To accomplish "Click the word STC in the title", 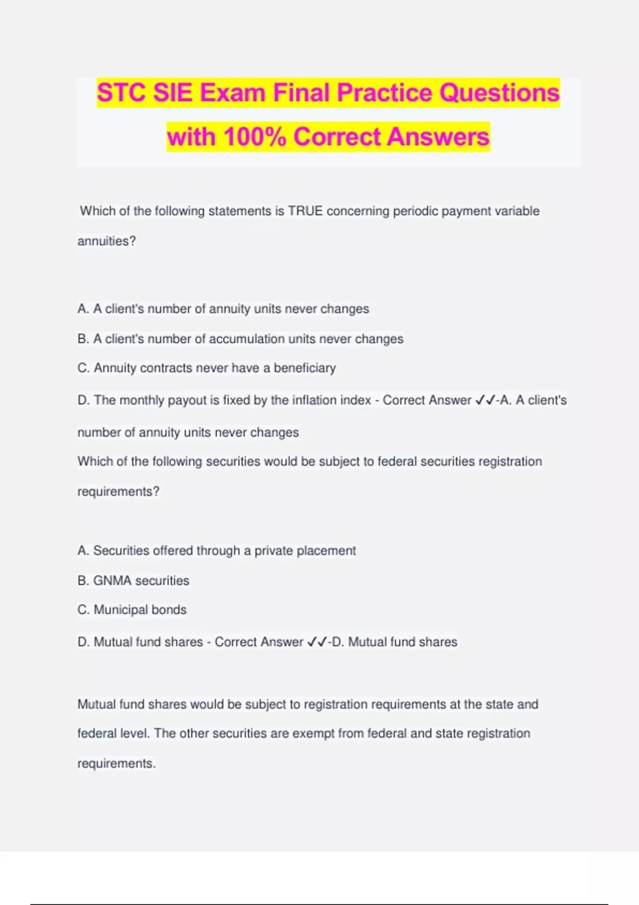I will [120, 93].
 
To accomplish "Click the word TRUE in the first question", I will [305, 211].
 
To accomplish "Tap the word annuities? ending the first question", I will [106, 241].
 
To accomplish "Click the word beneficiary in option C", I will [305, 368].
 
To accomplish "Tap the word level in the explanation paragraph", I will [134, 734].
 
